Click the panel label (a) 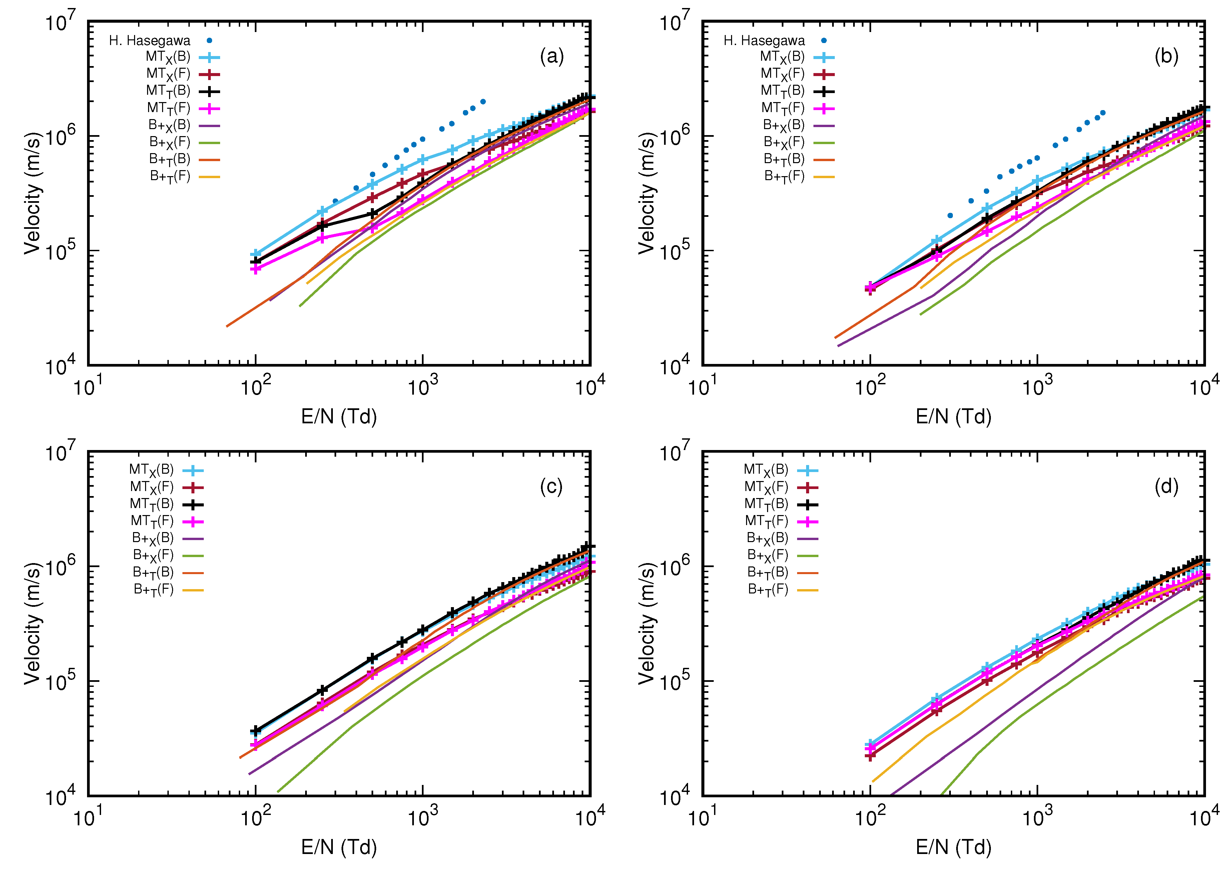coord(552,56)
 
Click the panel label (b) coord(1166,56)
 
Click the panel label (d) coord(1166,486)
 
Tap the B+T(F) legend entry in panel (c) coord(153,590)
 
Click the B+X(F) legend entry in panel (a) coord(169,143)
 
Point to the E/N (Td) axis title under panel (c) coord(339,847)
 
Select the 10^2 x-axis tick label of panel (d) coord(869,818)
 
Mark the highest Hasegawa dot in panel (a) coord(483,101)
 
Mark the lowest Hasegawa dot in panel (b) coord(950,215)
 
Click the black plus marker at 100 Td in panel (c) coord(256,731)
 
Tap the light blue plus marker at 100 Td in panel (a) coord(256,254)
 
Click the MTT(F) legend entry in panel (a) coord(168,109)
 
